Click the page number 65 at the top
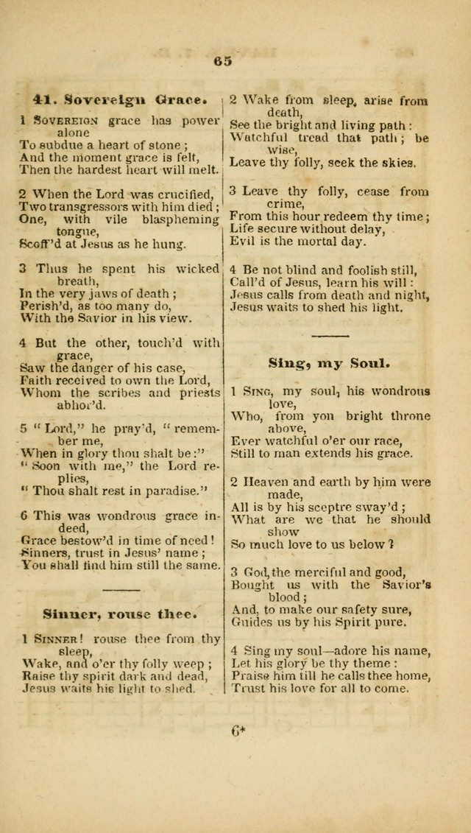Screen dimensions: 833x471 pos(223,61)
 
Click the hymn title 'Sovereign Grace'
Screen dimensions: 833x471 pos(132,97)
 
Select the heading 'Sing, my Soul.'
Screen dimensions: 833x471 pos(329,363)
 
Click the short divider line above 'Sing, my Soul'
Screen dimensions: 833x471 pos(329,336)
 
